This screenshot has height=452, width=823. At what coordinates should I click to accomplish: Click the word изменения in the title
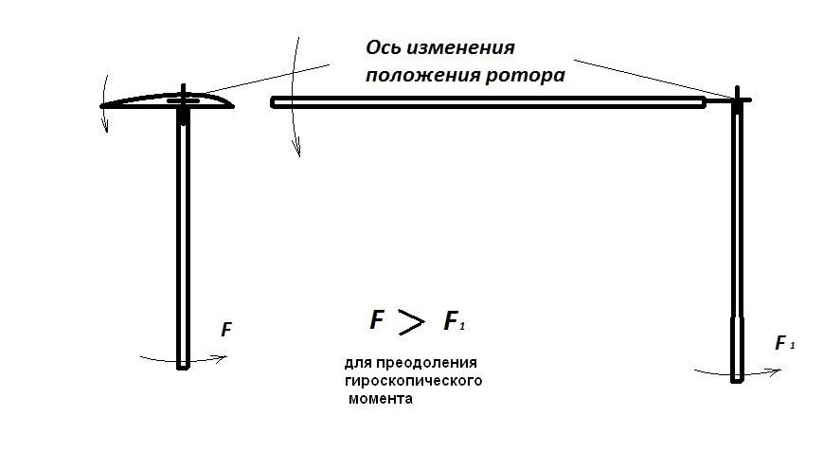(x=461, y=47)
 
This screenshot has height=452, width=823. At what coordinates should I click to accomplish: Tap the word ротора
(x=525, y=76)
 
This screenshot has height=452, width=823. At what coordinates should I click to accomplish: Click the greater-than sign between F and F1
(x=411, y=321)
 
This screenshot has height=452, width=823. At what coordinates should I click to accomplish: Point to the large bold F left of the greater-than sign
(x=377, y=319)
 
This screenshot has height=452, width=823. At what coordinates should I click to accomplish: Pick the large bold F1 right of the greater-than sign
(x=455, y=320)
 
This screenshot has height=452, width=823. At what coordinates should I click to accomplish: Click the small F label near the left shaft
(x=226, y=330)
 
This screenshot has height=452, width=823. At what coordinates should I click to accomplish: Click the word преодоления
(x=426, y=363)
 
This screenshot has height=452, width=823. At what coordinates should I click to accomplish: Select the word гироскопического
(x=414, y=380)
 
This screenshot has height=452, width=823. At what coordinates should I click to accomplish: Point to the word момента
(x=381, y=398)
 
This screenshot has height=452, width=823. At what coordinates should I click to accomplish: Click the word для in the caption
(x=358, y=363)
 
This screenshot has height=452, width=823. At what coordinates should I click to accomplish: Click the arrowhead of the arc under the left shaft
(x=222, y=358)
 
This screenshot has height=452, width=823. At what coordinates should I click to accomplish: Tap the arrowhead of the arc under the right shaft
(x=776, y=371)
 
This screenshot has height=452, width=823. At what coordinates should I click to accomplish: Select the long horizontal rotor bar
(x=488, y=102)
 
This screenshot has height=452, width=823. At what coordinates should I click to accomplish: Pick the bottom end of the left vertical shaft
(x=183, y=369)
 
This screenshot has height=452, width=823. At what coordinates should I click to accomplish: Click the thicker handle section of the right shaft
(x=737, y=349)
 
